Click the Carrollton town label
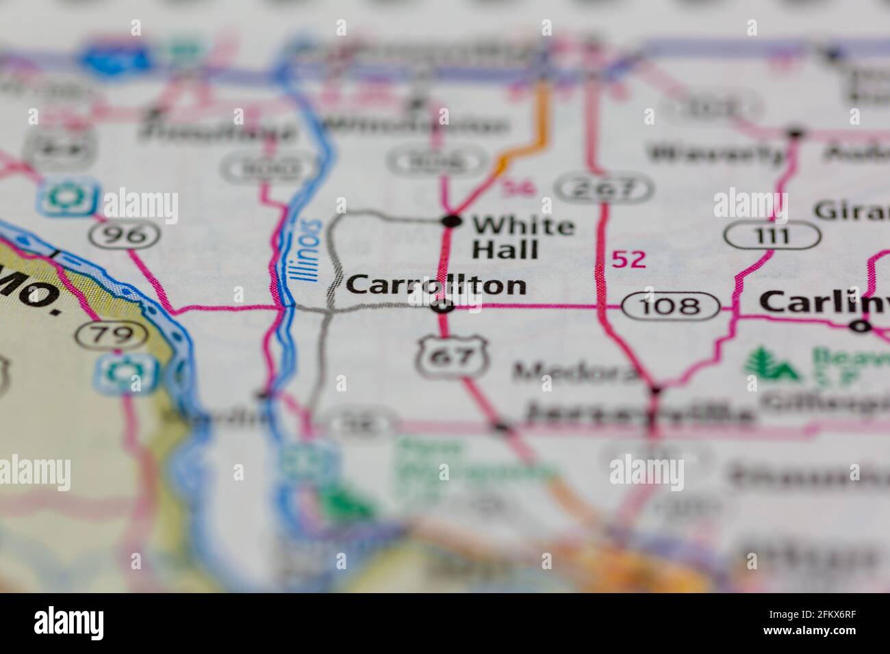click(x=436, y=286)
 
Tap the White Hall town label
click(x=523, y=237)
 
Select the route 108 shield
click(x=670, y=306)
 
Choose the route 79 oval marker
click(x=112, y=335)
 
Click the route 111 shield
click(x=772, y=237)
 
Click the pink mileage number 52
click(x=628, y=260)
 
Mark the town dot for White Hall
click(x=451, y=220)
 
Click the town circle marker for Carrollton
click(x=444, y=307)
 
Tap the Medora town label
click(x=575, y=372)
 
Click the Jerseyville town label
click(x=640, y=413)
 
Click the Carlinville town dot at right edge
click(x=860, y=326)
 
